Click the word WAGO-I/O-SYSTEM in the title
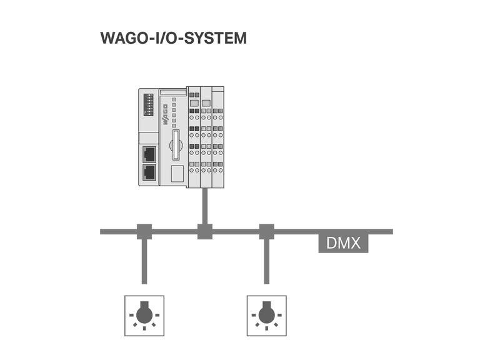pos(173,38)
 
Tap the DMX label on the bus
pos(343,242)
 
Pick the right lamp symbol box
pos(267,316)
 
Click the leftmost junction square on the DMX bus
pos(144,231)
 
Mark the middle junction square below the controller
pos(205,231)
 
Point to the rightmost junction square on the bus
pos(267,231)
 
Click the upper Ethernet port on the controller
pos(149,153)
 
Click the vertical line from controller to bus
pos(205,205)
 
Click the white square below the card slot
pos(177,174)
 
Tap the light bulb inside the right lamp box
pos(267,312)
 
